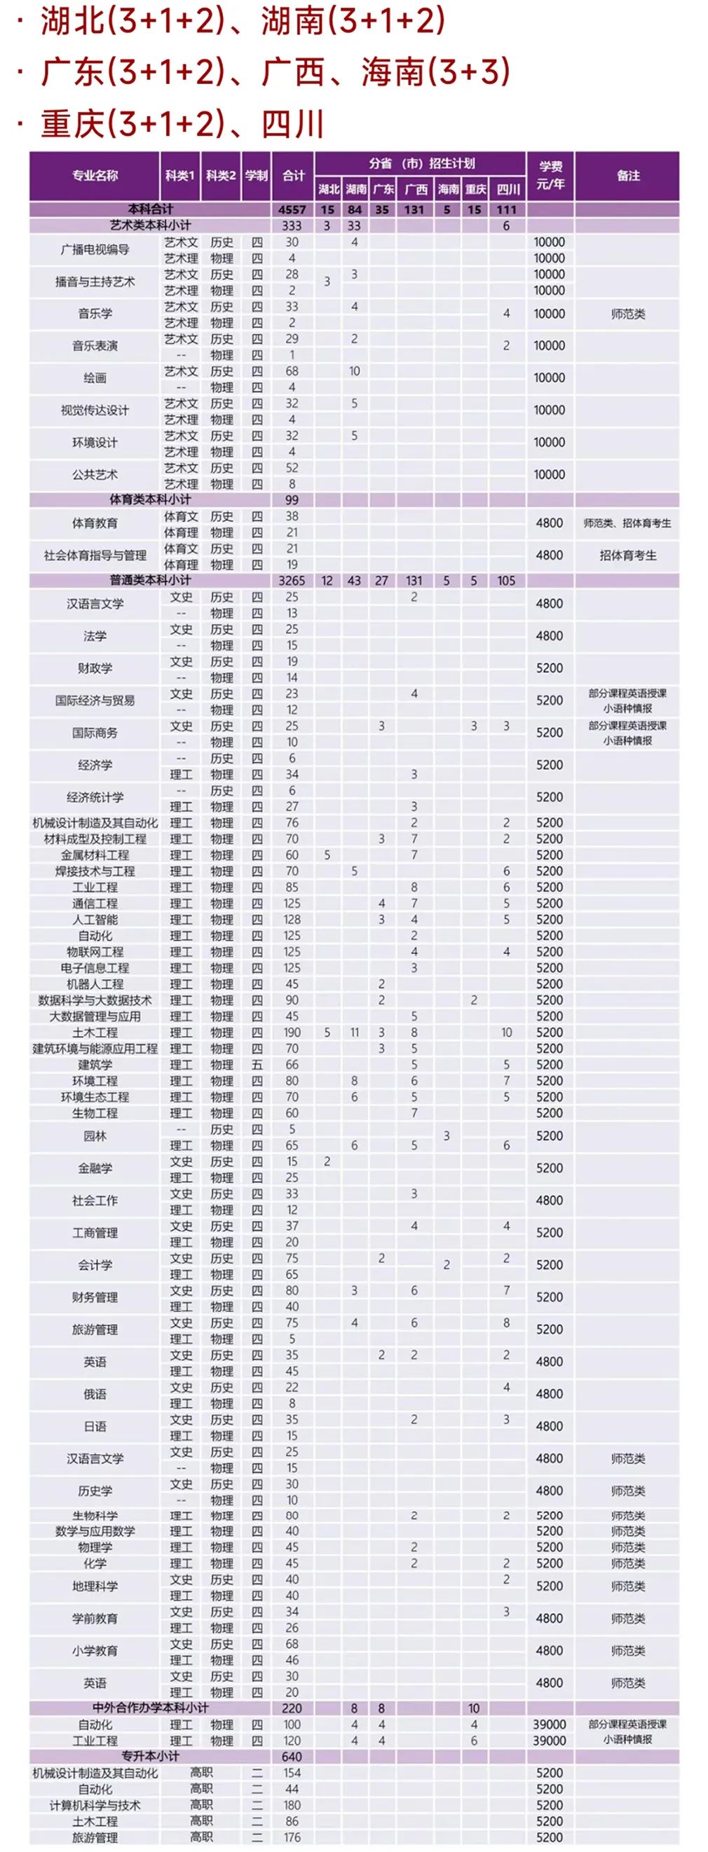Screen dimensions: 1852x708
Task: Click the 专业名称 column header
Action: pos(94,175)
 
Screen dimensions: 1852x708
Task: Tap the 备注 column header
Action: pos(627,175)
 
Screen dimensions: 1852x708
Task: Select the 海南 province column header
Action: pos(447,189)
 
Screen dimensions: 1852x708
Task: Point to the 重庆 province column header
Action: pos(475,189)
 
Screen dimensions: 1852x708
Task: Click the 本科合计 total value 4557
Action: pos(292,210)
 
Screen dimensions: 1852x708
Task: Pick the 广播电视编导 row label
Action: pos(94,250)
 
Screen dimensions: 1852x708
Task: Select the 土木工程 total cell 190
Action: pos(292,1032)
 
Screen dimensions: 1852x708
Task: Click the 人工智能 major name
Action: pos(94,920)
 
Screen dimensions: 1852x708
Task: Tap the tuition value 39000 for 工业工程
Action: pos(549,1741)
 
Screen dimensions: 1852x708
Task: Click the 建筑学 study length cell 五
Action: pos(257,1065)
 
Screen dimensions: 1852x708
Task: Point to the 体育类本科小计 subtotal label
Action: pos(149,499)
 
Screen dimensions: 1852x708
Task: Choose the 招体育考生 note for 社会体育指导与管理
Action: pos(627,555)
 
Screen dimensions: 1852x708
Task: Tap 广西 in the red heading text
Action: pos(292,73)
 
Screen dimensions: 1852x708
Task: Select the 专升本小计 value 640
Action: pos(292,1756)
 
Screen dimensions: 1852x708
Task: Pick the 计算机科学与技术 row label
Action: pos(94,1805)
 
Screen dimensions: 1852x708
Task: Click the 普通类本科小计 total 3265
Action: pos(292,580)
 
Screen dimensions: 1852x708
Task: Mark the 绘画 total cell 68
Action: pos(292,371)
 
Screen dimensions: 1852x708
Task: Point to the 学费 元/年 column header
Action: pos(550,175)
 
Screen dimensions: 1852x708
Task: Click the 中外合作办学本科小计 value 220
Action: pos(292,1708)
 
